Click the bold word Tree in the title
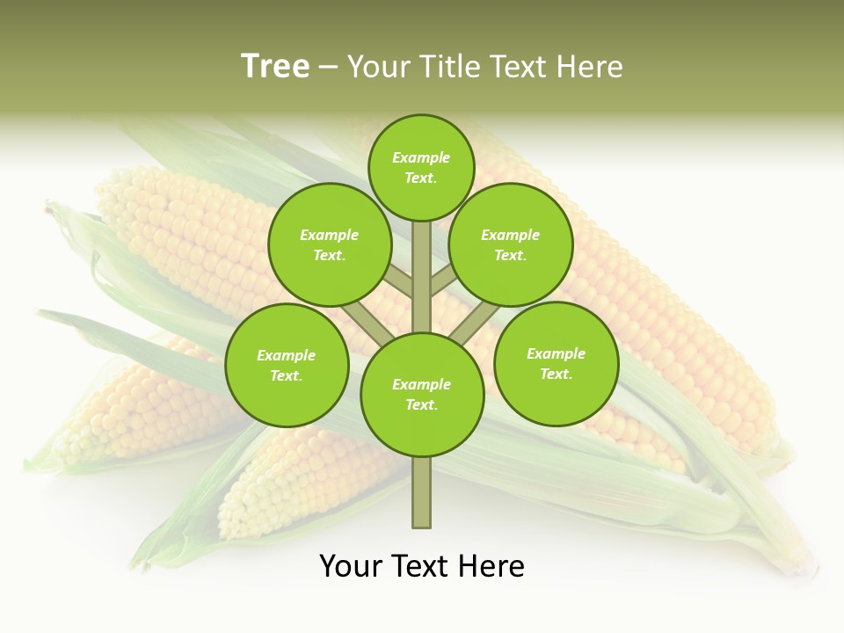(x=275, y=66)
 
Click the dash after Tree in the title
(x=328, y=68)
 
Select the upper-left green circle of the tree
(x=330, y=244)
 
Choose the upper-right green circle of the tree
(x=511, y=244)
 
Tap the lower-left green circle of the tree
(x=287, y=365)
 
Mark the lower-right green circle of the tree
(x=557, y=363)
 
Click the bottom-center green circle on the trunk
(x=422, y=395)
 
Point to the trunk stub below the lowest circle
(x=422, y=492)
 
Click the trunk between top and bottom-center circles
(x=422, y=277)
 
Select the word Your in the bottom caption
(x=350, y=566)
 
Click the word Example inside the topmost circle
(x=421, y=157)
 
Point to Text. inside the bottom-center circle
(x=421, y=405)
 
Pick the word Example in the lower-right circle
(x=556, y=353)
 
